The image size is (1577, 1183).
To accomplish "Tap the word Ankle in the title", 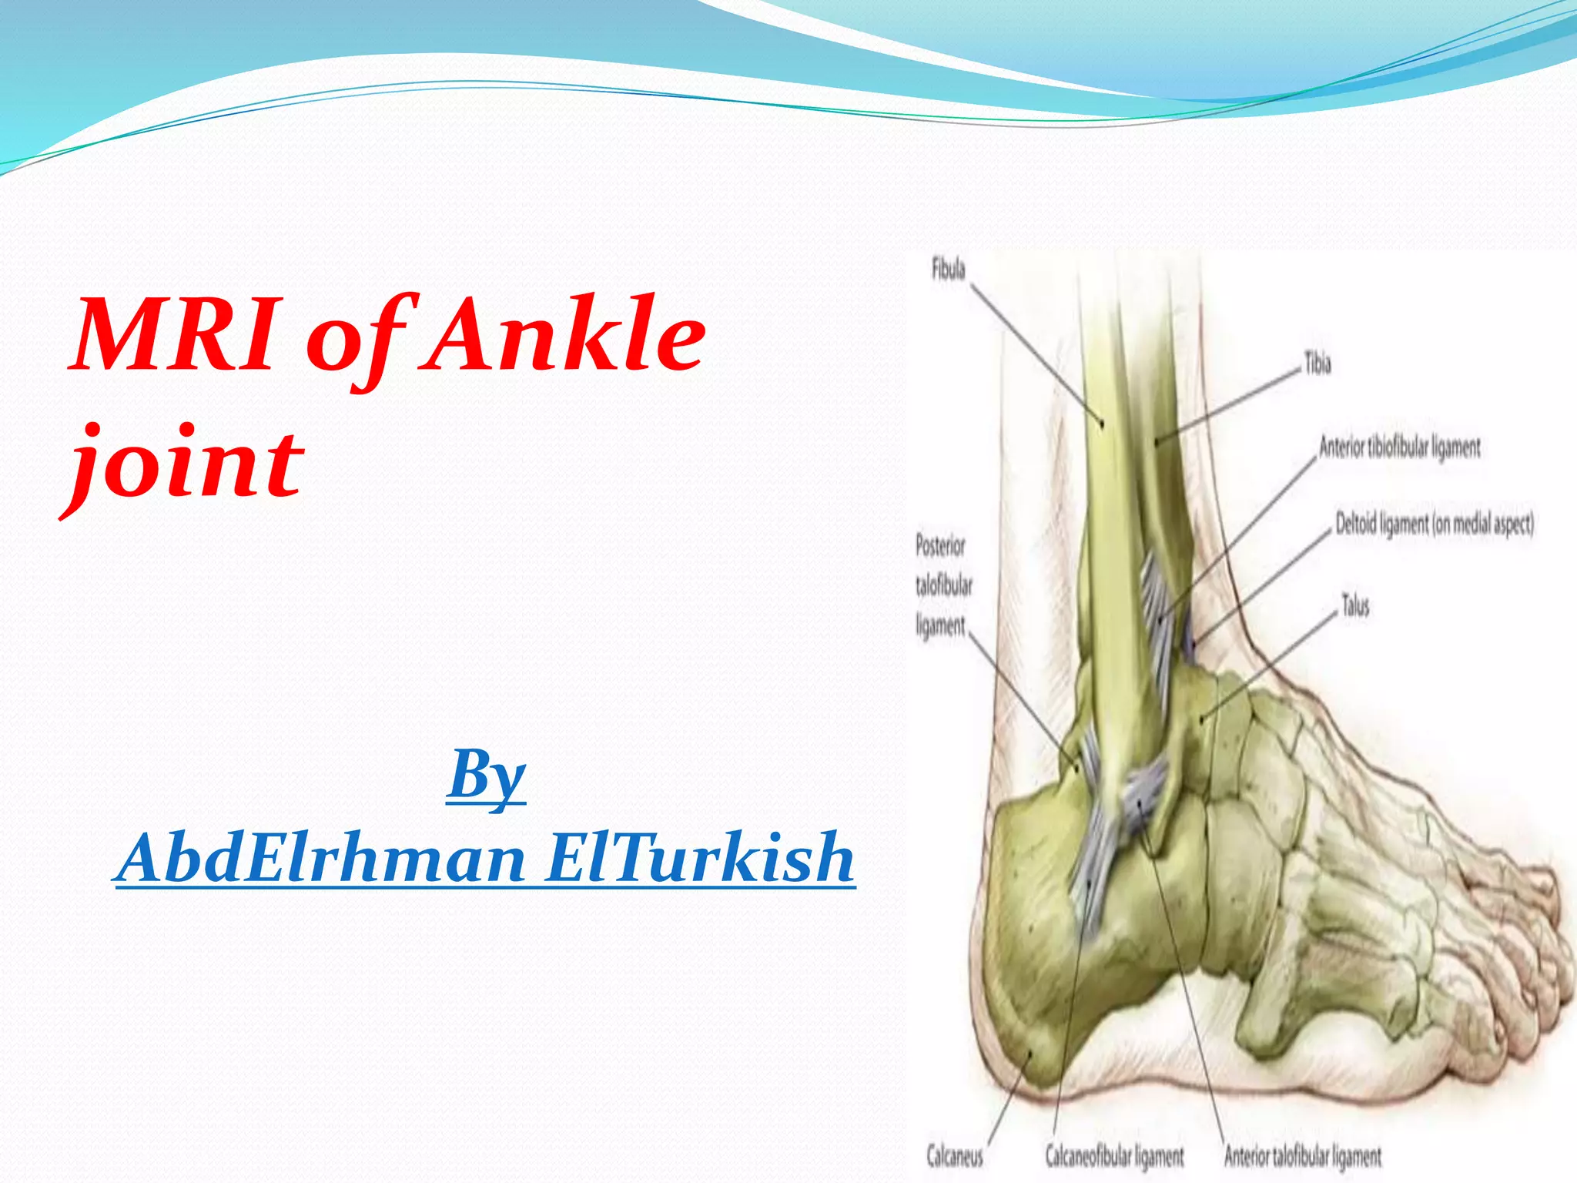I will (x=566, y=336).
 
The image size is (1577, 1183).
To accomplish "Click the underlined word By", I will (x=487, y=774).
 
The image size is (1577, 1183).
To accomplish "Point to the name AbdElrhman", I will (x=323, y=858).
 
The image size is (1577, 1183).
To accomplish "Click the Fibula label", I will (x=948, y=270).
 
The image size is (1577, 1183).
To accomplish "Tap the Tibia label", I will (x=1318, y=364).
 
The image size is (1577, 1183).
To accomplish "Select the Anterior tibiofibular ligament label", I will (x=1399, y=447).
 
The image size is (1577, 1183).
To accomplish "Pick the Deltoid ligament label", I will (x=1434, y=524).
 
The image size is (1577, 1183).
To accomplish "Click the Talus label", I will (x=1355, y=606).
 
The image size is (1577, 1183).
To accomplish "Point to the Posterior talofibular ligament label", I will (x=943, y=586).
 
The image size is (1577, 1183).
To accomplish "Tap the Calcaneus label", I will (x=954, y=1155).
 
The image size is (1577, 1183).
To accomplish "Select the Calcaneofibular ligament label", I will (x=1113, y=1155).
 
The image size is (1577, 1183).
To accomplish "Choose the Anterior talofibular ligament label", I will (x=1302, y=1155).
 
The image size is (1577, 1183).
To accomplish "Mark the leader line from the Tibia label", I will (x=1232, y=404).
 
